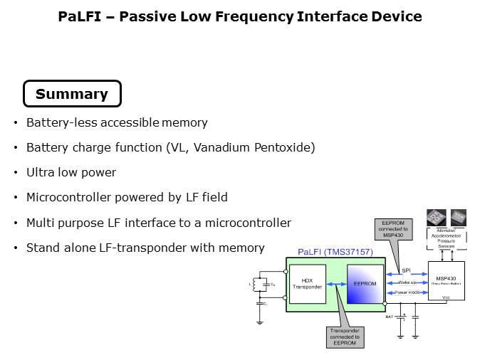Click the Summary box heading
(x=72, y=94)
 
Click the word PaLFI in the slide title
(x=79, y=16)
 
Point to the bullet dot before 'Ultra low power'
(x=16, y=173)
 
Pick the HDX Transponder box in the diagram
(x=308, y=285)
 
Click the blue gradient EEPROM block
(x=365, y=285)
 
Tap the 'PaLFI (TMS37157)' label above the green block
(x=331, y=252)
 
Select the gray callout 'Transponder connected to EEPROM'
(x=344, y=336)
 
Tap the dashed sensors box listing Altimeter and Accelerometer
(x=447, y=242)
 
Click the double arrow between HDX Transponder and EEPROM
(x=336, y=285)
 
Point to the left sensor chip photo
(x=436, y=217)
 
